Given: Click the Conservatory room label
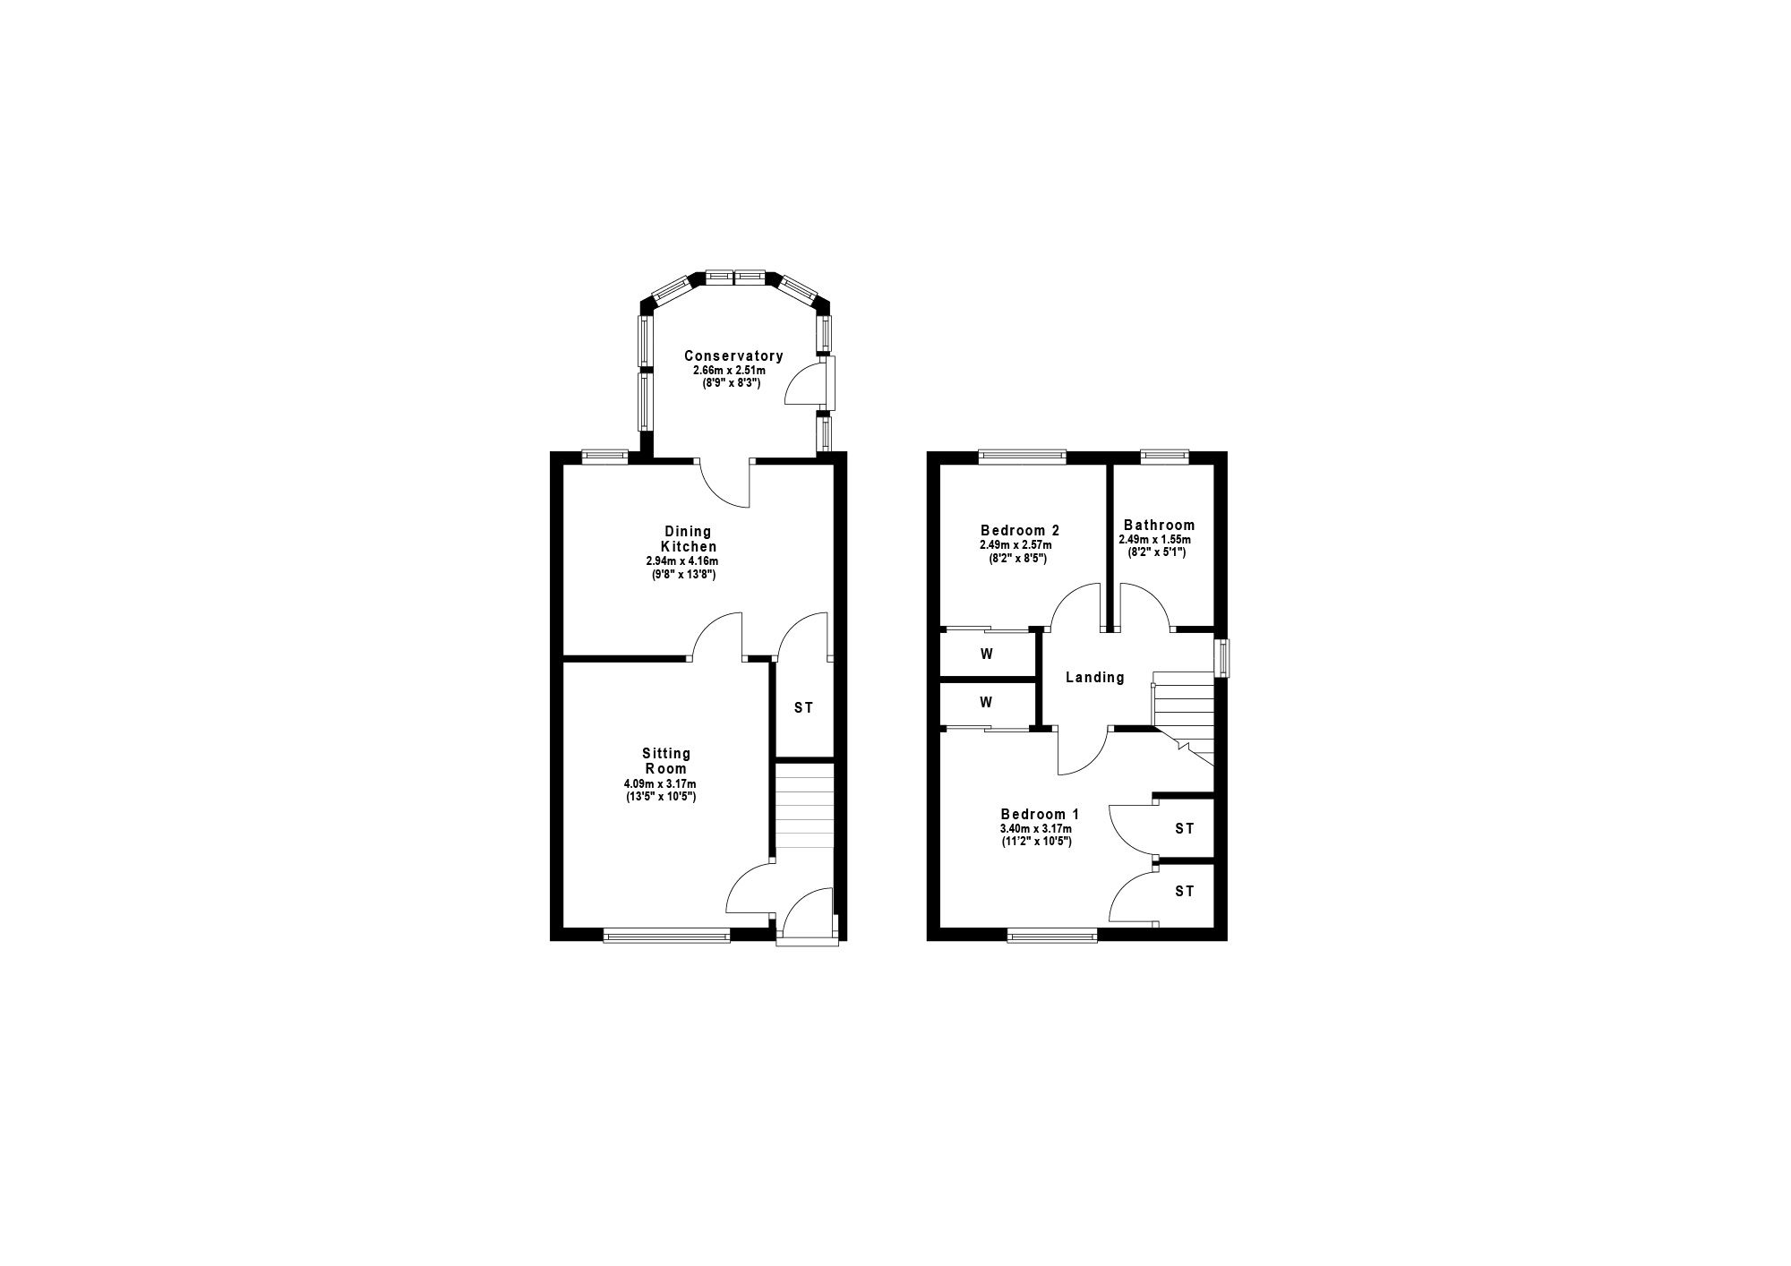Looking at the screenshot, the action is pyautogui.click(x=733, y=355).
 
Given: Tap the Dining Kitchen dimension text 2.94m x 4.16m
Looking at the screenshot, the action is pyautogui.click(x=682, y=561).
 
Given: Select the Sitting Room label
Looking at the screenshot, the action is pyautogui.click(x=666, y=761).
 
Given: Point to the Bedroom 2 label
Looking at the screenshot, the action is pyautogui.click(x=1020, y=530).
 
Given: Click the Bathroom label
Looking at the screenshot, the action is pyautogui.click(x=1159, y=526).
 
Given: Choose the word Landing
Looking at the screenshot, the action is pyautogui.click(x=1095, y=678).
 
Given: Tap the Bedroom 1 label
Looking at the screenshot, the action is pyautogui.click(x=1040, y=815).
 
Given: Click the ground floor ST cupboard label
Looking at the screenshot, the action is pyautogui.click(x=804, y=708).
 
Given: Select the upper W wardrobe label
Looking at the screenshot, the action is pyautogui.click(x=986, y=654).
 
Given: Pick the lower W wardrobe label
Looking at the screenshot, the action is pyautogui.click(x=986, y=703).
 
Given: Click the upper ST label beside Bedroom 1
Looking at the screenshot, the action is pyautogui.click(x=1185, y=829).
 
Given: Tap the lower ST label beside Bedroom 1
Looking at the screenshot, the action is pyautogui.click(x=1185, y=892).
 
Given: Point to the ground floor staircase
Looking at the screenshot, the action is pyautogui.click(x=804, y=813).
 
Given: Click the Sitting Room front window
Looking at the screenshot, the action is pyautogui.click(x=667, y=936).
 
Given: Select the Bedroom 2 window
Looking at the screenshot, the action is pyautogui.click(x=1023, y=457).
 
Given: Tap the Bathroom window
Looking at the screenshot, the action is pyautogui.click(x=1164, y=457).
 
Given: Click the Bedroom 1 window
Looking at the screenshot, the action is pyautogui.click(x=1052, y=936).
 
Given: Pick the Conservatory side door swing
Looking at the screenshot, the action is pyautogui.click(x=803, y=385).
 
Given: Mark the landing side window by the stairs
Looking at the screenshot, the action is pyautogui.click(x=1221, y=658).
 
